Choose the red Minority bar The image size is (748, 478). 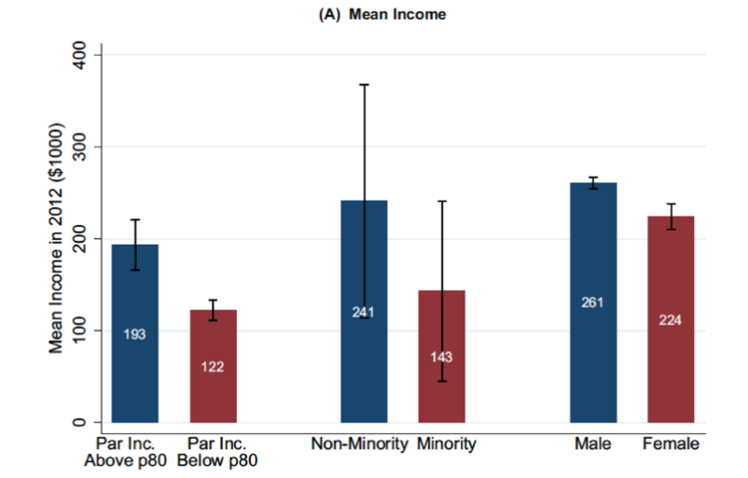pos(441,392)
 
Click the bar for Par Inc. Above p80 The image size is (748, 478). pos(135,373)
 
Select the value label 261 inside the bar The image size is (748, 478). pos(593,302)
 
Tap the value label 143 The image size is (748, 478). pos(441,357)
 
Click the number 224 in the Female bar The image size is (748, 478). pos(671,319)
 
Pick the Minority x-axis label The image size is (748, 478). pos(447,444)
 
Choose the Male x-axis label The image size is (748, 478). pos(593,444)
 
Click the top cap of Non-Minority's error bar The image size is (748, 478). pos(364,85)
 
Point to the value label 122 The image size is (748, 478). pos(213,366)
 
